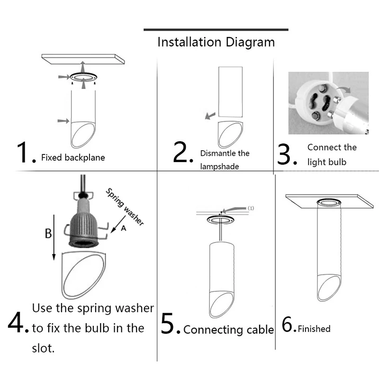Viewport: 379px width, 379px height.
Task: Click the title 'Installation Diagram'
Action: (x=216, y=42)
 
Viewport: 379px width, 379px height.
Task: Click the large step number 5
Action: (x=169, y=325)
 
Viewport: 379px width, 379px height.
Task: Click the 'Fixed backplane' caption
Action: (x=73, y=157)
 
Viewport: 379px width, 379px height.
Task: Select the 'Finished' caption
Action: (x=314, y=328)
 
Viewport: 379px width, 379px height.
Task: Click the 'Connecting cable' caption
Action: (x=228, y=330)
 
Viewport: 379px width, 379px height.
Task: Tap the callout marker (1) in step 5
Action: (x=251, y=208)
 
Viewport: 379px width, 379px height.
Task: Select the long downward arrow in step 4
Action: (x=54, y=237)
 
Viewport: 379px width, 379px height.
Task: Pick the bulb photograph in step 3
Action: (x=328, y=103)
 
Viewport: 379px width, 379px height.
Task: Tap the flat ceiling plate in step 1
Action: (x=83, y=59)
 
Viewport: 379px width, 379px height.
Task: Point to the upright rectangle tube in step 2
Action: (x=230, y=92)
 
